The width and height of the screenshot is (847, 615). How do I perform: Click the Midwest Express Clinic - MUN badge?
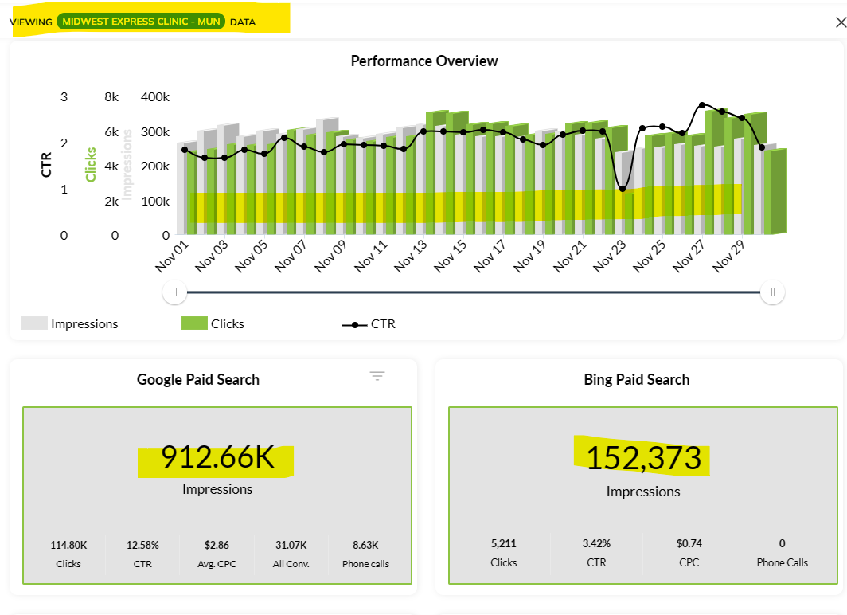coord(141,22)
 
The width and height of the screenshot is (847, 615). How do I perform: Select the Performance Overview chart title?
coord(424,61)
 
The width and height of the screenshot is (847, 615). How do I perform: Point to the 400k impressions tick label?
coord(155,97)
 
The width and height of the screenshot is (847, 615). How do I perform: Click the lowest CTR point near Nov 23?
coord(623,189)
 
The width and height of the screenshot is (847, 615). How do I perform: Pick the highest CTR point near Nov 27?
coord(701,105)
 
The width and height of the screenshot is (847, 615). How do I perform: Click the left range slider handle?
coord(174,292)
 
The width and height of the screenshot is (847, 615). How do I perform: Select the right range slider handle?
coord(772,292)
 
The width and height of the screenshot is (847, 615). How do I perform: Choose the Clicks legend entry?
coord(213,324)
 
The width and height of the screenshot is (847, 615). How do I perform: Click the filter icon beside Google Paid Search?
coord(377,376)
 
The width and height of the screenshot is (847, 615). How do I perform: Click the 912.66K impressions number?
coord(217,457)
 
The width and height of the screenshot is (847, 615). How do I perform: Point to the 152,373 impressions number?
coord(643,459)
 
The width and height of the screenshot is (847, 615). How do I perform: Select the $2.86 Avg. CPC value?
coord(217,546)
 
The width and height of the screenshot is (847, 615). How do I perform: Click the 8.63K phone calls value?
coord(365,546)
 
